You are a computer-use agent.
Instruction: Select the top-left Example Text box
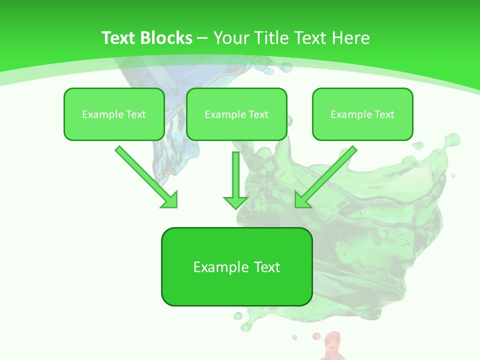[x=114, y=114]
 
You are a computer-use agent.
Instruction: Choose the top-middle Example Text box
[x=236, y=114]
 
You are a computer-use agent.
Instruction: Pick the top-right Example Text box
[x=362, y=114]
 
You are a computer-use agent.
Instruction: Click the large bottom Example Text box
[x=236, y=266]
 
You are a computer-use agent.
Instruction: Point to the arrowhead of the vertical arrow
[x=235, y=202]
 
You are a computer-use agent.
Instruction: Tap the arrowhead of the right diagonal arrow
[x=302, y=200]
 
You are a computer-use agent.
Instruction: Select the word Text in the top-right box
[x=384, y=114]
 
